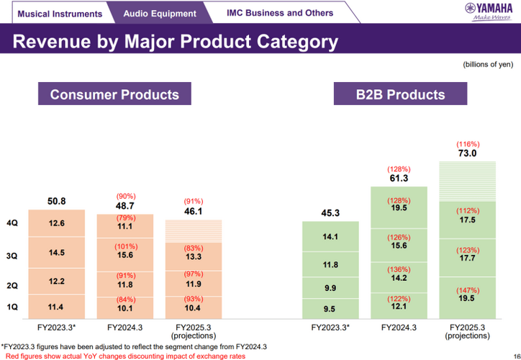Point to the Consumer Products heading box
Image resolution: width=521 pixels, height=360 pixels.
click(114, 95)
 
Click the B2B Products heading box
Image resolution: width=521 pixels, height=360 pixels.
click(400, 95)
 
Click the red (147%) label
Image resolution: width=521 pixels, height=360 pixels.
click(467, 289)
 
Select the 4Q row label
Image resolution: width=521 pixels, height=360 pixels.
click(12, 224)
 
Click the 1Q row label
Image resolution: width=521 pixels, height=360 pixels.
click(12, 307)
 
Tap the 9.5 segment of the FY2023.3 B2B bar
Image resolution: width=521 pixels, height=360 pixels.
click(330, 310)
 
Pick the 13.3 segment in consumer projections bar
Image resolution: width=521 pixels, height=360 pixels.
click(194, 257)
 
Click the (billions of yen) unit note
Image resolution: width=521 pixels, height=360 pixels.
click(487, 65)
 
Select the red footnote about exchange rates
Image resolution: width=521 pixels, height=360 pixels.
click(124, 356)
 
